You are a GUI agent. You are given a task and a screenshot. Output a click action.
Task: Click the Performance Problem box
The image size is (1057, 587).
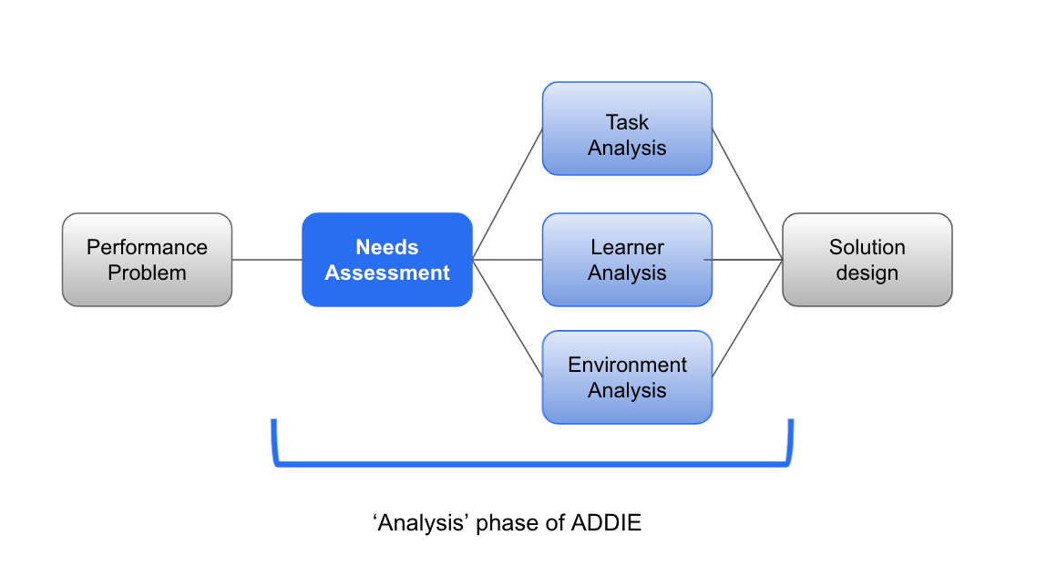147,260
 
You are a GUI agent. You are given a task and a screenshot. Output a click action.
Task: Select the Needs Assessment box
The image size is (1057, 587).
387,260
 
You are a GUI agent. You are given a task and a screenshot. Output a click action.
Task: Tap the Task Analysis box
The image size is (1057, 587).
627,129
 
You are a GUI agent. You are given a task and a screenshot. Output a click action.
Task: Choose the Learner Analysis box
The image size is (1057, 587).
627,260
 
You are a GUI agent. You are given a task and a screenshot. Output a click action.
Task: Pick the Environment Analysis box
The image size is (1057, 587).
627,377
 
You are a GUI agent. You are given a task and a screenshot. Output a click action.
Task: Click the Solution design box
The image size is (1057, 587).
867,260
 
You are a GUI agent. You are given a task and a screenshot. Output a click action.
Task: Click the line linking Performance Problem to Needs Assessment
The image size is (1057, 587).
267,260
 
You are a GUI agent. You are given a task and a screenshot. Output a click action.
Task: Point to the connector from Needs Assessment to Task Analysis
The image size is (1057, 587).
508,194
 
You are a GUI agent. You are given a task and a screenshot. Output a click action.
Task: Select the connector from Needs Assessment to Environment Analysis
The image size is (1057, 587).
508,318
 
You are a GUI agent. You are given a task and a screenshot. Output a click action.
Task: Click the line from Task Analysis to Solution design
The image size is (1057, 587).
747,194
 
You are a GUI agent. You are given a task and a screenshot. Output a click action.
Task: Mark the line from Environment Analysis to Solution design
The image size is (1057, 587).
747,318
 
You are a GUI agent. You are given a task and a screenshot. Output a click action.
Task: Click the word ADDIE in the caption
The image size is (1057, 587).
607,523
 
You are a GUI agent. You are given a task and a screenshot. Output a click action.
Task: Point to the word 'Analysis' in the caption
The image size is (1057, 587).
421,523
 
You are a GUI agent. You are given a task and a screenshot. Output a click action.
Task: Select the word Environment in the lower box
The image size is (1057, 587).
627,365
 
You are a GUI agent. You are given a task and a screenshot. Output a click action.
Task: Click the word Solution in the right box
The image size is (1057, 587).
867,247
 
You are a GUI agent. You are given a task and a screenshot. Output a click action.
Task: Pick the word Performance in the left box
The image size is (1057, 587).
147,247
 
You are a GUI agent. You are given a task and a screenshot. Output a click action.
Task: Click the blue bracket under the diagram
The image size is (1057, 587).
533,465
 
